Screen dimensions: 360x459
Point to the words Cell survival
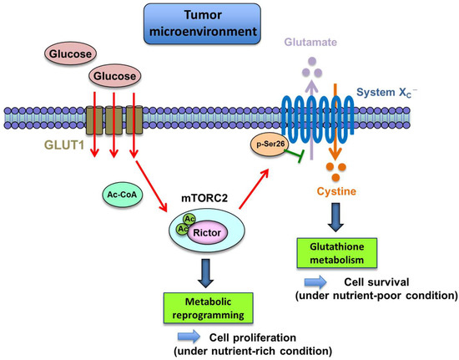coord(374,281)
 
